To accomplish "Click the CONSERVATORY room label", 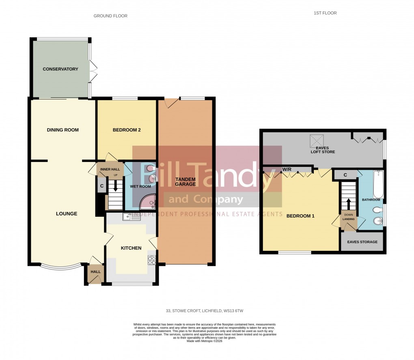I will point(60,69).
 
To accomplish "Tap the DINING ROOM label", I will point(63,130).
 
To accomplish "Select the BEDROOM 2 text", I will point(127,130).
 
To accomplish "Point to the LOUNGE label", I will point(67,213).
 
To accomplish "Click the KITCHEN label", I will point(131,248).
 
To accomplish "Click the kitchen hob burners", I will point(152,260).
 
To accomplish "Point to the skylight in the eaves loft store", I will point(316,141).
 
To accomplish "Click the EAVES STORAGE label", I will point(362,242).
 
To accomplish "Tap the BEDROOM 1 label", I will point(300,216).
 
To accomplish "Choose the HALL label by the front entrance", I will point(95,272).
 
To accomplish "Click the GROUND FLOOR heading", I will point(110,16).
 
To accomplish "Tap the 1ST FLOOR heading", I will point(325,13).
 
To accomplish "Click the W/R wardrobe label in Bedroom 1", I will point(287,168).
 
